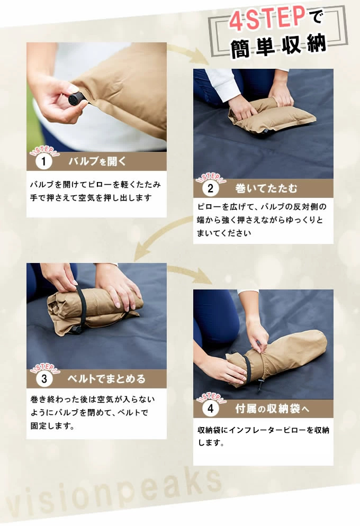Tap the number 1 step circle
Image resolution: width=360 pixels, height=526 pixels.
pos(43,162)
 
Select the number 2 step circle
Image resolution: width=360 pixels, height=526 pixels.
pos(210,188)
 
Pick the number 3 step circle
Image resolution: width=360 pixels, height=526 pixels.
pos(44,379)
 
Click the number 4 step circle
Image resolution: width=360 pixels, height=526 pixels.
pos(210,408)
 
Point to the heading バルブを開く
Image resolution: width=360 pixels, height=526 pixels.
pos(97,161)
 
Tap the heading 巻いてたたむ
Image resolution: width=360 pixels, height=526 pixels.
pos(266,188)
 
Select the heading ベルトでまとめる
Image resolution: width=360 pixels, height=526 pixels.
pos(107,379)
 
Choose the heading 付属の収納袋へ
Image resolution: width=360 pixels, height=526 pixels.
pos(272,409)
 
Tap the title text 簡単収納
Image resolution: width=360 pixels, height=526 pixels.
pos(278,46)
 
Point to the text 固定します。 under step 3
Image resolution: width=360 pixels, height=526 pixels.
pos(52,425)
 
